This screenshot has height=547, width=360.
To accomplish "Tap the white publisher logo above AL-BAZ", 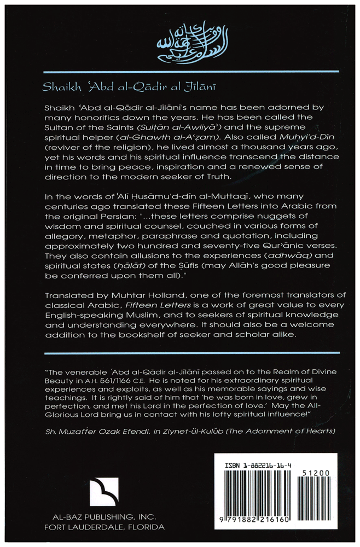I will pos(104,491).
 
